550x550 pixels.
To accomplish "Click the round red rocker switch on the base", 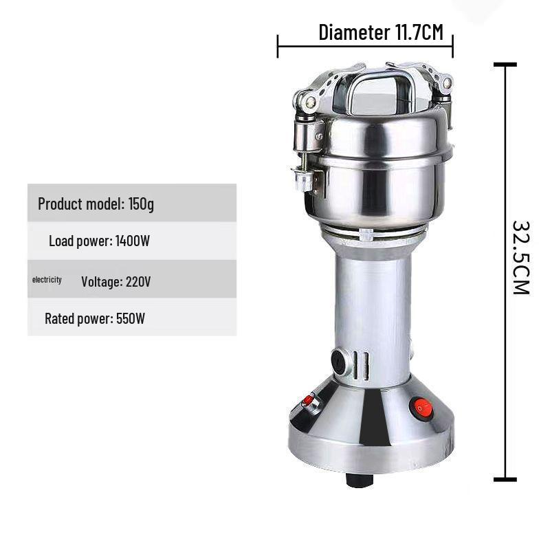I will click(421, 408).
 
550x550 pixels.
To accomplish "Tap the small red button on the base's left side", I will click(309, 400).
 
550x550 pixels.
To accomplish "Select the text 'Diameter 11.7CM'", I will click(380, 32).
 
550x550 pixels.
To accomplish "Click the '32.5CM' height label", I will click(520, 257).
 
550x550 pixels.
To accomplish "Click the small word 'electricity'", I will click(47, 280).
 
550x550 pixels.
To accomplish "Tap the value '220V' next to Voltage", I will click(139, 281).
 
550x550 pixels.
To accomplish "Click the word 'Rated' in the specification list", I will click(60, 318).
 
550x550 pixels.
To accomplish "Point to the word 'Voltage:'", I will click(102, 281).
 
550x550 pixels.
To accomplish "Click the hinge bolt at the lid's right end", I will click(447, 84).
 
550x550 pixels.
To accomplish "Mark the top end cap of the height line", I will click(505, 65).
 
